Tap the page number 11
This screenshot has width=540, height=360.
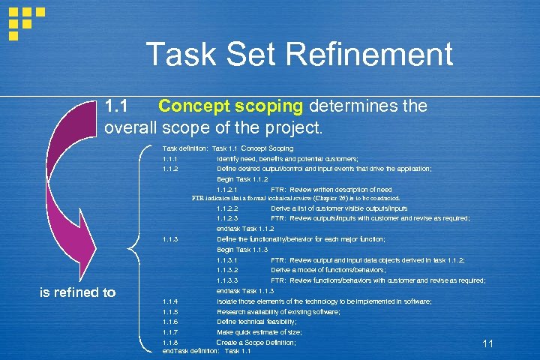tap(487, 343)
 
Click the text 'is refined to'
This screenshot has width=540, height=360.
tap(77, 292)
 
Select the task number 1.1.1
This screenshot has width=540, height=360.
tap(169, 159)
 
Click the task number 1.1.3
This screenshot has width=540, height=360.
tap(169, 239)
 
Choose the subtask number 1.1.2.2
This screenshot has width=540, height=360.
tap(226, 208)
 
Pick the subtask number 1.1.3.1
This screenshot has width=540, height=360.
tap(226, 259)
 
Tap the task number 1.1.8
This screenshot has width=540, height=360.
tap(169, 342)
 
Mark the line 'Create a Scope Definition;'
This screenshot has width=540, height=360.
tap(256, 342)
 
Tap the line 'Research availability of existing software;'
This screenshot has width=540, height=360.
tap(278, 311)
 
